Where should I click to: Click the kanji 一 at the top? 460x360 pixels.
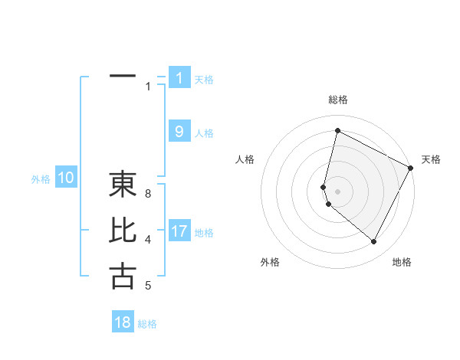click(x=123, y=77)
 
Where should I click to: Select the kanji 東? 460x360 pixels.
click(x=123, y=184)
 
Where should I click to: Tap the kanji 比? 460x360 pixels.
click(x=123, y=231)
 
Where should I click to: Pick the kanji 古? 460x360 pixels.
click(x=123, y=276)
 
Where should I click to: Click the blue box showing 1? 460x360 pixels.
click(x=179, y=78)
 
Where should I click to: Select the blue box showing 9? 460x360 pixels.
click(x=179, y=132)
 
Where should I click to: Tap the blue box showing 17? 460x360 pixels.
click(x=179, y=231)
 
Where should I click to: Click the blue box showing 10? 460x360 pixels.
click(x=66, y=178)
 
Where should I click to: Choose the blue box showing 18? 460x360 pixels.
click(x=123, y=322)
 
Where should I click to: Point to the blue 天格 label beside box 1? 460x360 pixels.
click(x=204, y=80)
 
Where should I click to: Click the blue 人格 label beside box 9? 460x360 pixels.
click(x=204, y=133)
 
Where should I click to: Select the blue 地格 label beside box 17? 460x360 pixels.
click(x=204, y=233)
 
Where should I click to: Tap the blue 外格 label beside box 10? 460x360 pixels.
click(x=41, y=179)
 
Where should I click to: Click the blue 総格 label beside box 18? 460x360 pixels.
click(x=147, y=324)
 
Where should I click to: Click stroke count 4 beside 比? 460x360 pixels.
click(x=148, y=240)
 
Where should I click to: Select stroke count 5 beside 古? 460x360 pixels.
click(x=148, y=286)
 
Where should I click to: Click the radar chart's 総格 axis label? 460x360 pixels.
click(x=337, y=100)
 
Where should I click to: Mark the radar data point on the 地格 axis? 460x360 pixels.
click(x=374, y=242)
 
